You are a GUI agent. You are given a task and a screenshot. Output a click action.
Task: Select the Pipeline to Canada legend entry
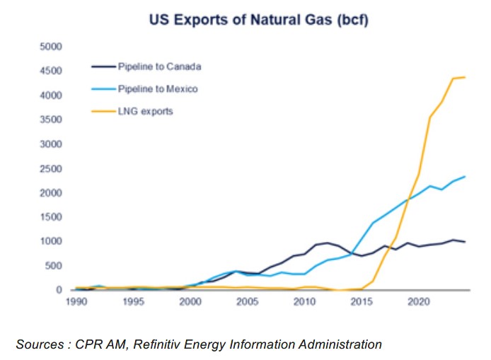[159, 67]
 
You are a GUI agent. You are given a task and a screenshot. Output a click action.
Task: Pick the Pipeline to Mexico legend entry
[158, 89]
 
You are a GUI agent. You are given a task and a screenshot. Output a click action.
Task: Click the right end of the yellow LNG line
[464, 77]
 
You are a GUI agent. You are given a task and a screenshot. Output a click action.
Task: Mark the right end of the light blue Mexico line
[464, 176]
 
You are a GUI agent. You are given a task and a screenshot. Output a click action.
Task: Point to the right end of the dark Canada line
[464, 242]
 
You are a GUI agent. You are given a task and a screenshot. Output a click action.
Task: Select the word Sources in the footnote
[40, 344]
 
